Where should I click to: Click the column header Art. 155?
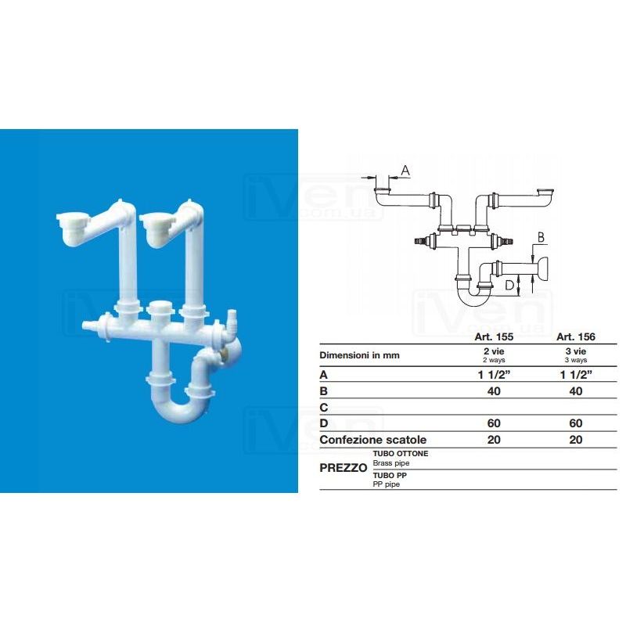pyautogui.click(x=494, y=337)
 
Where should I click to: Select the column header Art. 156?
pyautogui.click(x=576, y=337)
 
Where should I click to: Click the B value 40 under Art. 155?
pyautogui.click(x=494, y=391)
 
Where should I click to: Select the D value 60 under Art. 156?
pyautogui.click(x=576, y=423)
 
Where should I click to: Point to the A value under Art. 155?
pyautogui.click(x=495, y=375)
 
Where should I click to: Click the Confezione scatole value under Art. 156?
pyautogui.click(x=576, y=440)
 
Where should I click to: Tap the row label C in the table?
pyautogui.click(x=324, y=408)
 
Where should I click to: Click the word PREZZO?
pyautogui.click(x=344, y=468)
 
